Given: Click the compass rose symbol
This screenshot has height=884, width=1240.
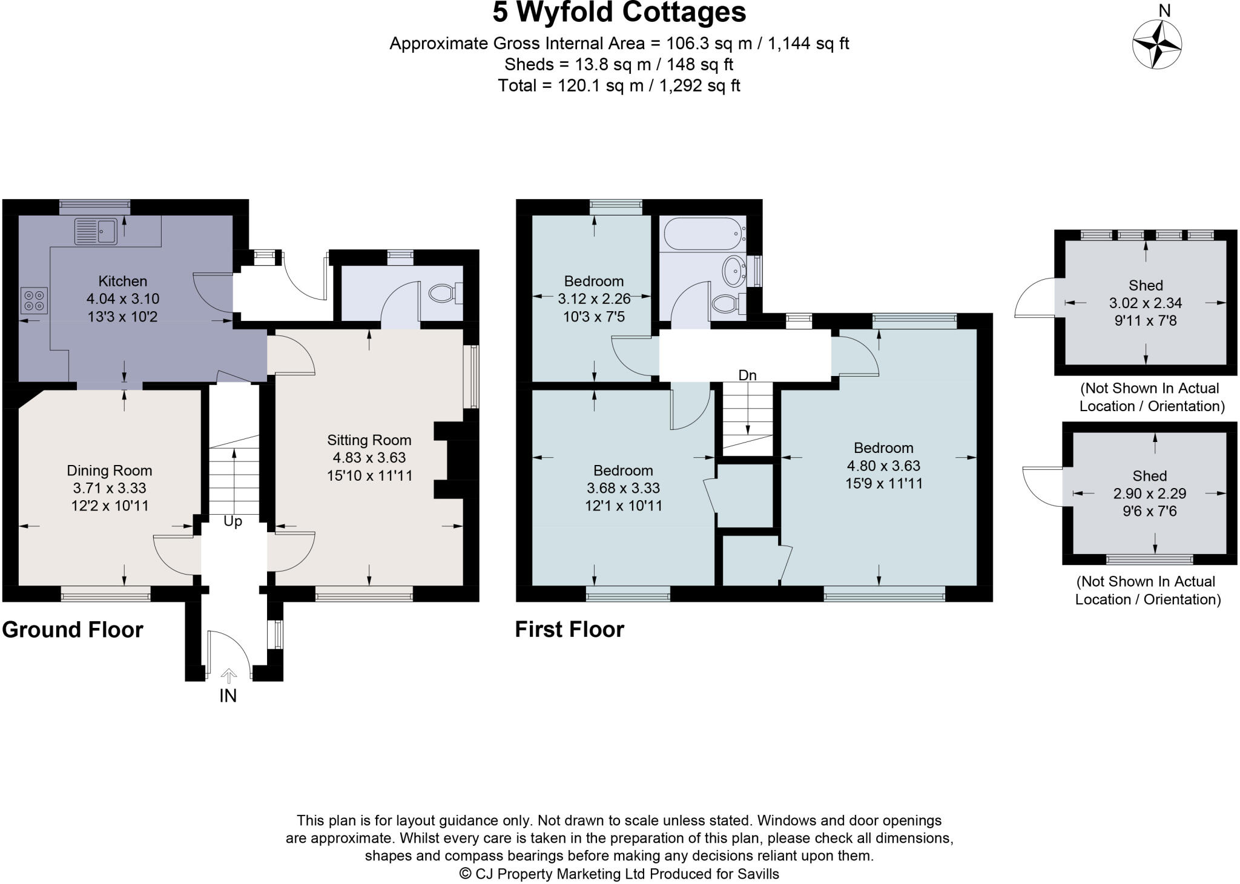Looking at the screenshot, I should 1156,44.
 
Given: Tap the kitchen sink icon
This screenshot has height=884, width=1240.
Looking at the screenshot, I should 96,231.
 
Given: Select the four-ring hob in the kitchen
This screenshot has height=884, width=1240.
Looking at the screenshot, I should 34,301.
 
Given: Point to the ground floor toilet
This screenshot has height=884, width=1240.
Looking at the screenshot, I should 445,294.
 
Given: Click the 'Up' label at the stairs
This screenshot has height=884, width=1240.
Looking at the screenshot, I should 232,521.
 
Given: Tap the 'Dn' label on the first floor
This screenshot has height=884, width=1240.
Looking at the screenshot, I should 747,375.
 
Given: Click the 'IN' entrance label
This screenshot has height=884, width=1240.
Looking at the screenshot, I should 228,696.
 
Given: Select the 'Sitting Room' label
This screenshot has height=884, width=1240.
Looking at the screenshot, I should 369,440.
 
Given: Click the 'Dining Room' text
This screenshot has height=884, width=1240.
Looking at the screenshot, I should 109,470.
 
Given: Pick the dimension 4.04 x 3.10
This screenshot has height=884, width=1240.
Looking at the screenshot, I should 123,299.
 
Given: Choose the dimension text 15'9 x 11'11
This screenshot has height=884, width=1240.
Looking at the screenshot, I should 883,483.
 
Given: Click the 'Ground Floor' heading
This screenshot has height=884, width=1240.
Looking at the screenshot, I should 73,630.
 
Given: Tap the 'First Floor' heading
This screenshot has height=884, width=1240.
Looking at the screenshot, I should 569,630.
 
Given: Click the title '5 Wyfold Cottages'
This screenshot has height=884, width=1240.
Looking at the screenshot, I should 619,12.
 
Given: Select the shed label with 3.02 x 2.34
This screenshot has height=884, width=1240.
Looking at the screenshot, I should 1146,303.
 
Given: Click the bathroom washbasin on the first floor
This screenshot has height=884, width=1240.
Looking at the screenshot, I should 734,270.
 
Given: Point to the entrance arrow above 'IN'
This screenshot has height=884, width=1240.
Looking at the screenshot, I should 228,676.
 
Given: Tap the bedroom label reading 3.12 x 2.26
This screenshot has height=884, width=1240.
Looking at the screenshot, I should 593,299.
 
